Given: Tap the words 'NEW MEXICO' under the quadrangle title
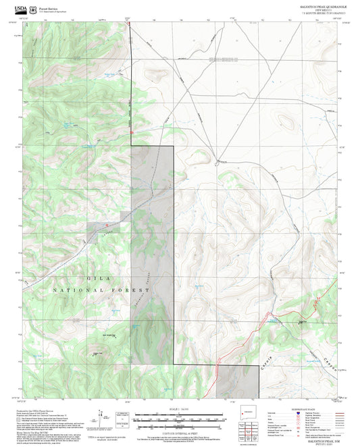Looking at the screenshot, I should tap(319, 9).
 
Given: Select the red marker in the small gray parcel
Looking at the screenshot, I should tap(106, 224).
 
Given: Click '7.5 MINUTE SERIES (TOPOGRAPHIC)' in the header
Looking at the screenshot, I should tap(319, 14).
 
